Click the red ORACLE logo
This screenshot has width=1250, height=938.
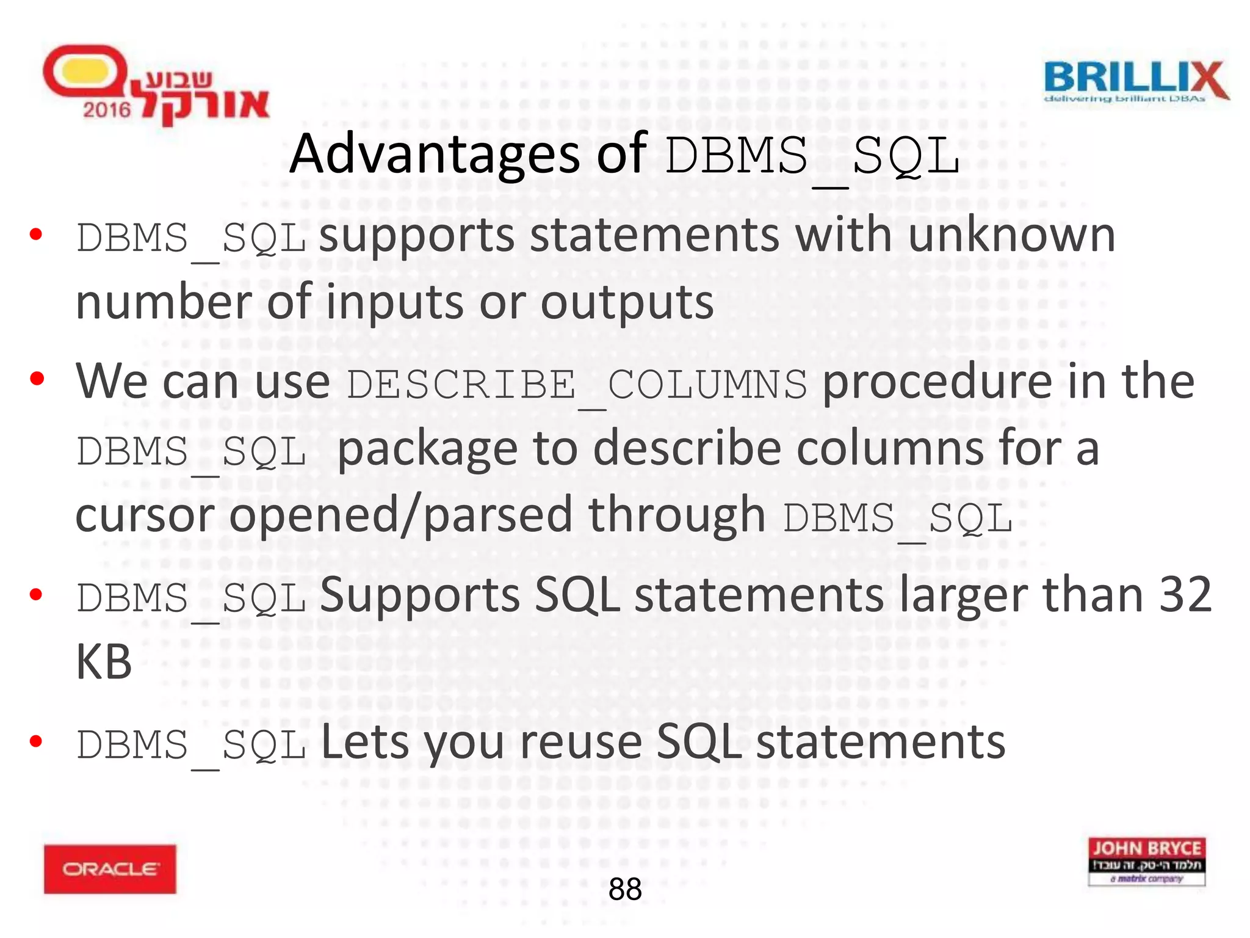click(110, 869)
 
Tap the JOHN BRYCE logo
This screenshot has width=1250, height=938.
click(1146, 861)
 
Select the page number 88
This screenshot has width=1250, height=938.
click(625, 889)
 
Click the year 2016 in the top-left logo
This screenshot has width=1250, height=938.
click(107, 110)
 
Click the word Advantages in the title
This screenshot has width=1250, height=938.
click(435, 154)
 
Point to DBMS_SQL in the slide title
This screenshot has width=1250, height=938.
click(812, 156)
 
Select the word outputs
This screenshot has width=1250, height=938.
click(627, 304)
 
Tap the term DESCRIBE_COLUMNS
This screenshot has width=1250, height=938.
click(577, 385)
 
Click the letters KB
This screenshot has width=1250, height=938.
click(104, 663)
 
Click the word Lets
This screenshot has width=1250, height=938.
click(365, 743)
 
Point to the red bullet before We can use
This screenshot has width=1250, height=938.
click(37, 379)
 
